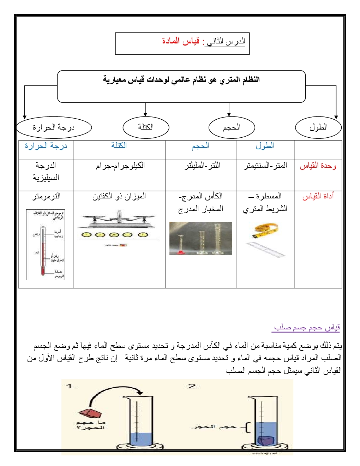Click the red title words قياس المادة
(181, 41)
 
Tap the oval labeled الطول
(318, 127)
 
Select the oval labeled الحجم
(232, 127)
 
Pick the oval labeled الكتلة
(146, 127)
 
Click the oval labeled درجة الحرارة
(54, 127)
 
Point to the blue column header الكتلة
(119, 145)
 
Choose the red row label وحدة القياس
(318, 166)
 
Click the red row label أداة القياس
(318, 196)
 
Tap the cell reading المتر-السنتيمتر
(265, 166)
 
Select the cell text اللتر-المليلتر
(202, 166)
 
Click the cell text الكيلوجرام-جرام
(120, 166)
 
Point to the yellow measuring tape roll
(265, 230)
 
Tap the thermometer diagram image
(46, 245)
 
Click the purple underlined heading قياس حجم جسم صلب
(307, 328)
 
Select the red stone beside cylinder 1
(90, 413)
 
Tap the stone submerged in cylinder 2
(265, 441)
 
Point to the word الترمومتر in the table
(46, 196)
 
